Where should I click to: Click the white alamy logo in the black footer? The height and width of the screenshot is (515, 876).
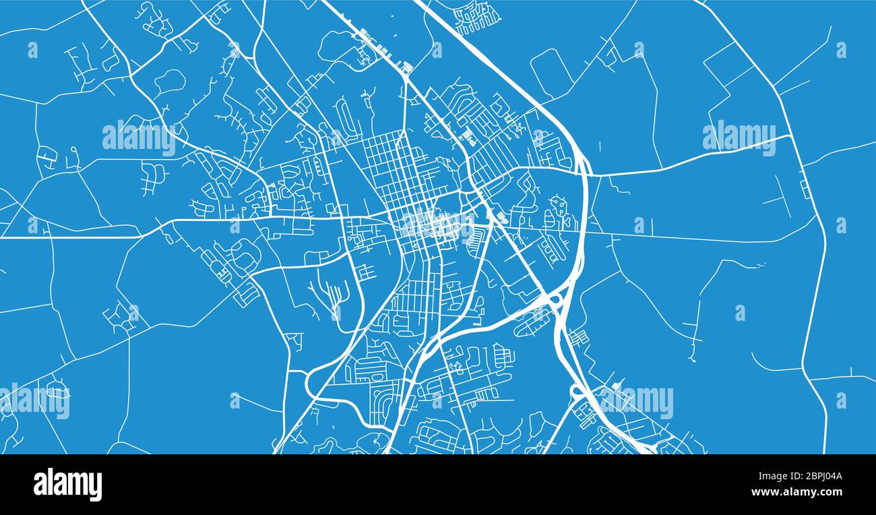point(67,485)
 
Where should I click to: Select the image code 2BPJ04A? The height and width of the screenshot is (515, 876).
point(818,477)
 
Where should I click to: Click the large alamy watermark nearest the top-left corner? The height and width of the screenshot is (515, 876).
point(139,138)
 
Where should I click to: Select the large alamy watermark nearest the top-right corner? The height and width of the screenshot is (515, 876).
point(739,138)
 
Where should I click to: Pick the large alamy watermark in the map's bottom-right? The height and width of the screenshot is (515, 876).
point(636,402)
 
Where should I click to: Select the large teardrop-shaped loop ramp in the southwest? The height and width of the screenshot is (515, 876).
point(317,382)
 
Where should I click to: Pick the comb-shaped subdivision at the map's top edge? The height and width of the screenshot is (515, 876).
point(476,17)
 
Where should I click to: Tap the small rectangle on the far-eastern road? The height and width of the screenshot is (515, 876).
point(805,189)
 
